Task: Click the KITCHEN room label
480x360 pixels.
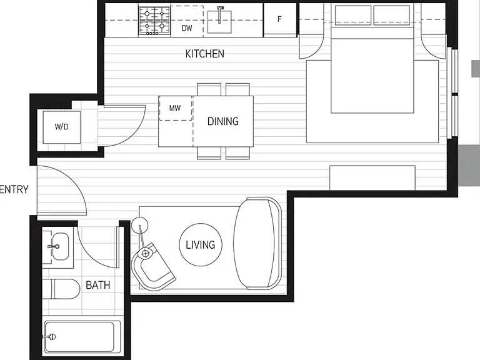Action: (x=205, y=54)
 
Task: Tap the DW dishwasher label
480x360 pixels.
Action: (x=187, y=28)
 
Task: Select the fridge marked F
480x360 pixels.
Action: (x=280, y=20)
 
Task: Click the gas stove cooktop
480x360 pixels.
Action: (x=154, y=20)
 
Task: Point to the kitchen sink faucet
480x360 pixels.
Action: (x=220, y=14)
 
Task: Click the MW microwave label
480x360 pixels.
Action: (x=175, y=107)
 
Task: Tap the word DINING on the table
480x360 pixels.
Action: (x=223, y=121)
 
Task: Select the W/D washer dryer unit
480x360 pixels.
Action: (x=61, y=127)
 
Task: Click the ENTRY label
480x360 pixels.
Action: (x=14, y=189)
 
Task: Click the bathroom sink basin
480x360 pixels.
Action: (x=60, y=246)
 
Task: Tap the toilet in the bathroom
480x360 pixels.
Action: (x=61, y=289)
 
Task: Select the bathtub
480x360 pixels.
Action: (x=82, y=337)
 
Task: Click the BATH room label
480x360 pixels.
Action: (x=97, y=285)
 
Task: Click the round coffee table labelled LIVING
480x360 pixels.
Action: (x=201, y=244)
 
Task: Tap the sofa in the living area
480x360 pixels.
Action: (x=257, y=243)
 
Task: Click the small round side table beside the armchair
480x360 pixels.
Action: (x=139, y=225)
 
